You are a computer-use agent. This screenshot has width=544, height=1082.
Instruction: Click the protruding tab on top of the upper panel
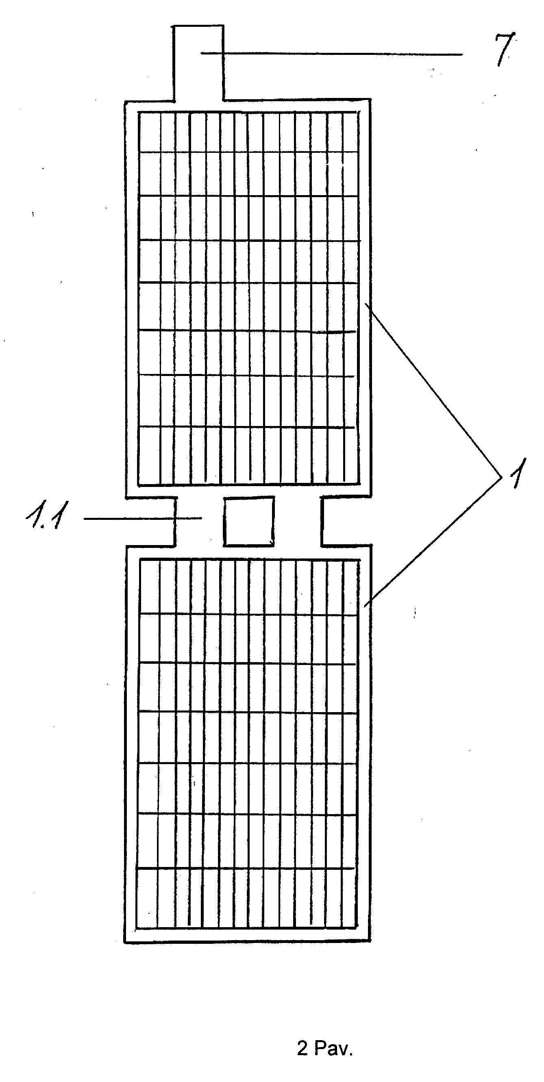pyautogui.click(x=198, y=63)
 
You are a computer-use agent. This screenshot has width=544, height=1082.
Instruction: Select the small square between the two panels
pyautogui.click(x=249, y=521)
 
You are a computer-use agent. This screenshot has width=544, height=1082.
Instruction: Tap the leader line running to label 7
pyautogui.click(x=331, y=53)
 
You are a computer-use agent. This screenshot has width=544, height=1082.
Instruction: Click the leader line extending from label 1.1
pyautogui.click(x=143, y=519)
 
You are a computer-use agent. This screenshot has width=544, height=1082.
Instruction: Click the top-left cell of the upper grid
pyautogui.click(x=150, y=131)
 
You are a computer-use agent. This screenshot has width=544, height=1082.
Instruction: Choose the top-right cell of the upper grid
pyautogui.click(x=350, y=131)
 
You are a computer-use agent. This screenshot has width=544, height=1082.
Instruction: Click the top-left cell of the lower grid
pyautogui.click(x=150, y=587)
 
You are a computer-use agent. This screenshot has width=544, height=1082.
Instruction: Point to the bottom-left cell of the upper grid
pyautogui.click(x=150, y=455)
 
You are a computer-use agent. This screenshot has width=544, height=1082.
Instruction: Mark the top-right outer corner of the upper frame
pyautogui.click(x=370, y=99)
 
